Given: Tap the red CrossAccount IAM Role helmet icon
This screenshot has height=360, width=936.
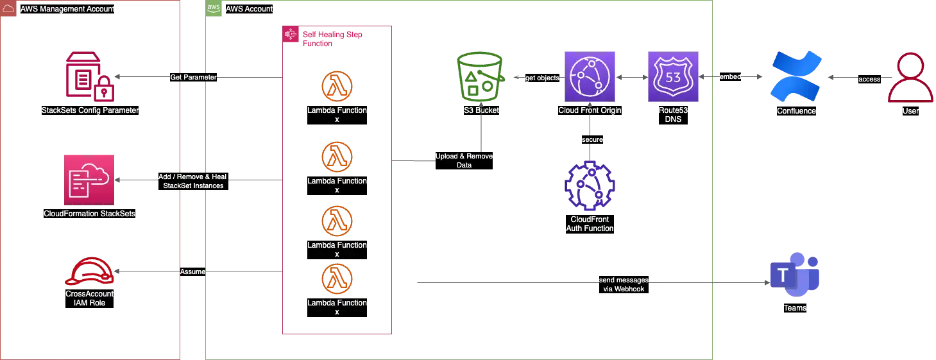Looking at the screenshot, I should click(x=90, y=273).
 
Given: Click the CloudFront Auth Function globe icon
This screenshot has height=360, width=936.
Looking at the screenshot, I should click(x=590, y=186).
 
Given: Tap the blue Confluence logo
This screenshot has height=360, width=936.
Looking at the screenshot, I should click(x=794, y=77).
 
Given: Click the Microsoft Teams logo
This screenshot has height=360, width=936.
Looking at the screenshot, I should click(x=794, y=277).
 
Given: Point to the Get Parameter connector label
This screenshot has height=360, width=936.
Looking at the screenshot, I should click(x=193, y=78).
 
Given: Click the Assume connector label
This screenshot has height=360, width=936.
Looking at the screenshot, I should click(x=192, y=271).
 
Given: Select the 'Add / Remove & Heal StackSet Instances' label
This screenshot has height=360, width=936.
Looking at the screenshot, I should click(x=193, y=181).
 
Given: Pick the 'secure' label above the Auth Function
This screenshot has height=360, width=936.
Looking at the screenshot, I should click(x=591, y=139).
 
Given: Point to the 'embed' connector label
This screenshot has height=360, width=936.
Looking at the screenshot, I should click(x=730, y=77).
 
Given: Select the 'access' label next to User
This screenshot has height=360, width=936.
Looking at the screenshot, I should click(x=869, y=80).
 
